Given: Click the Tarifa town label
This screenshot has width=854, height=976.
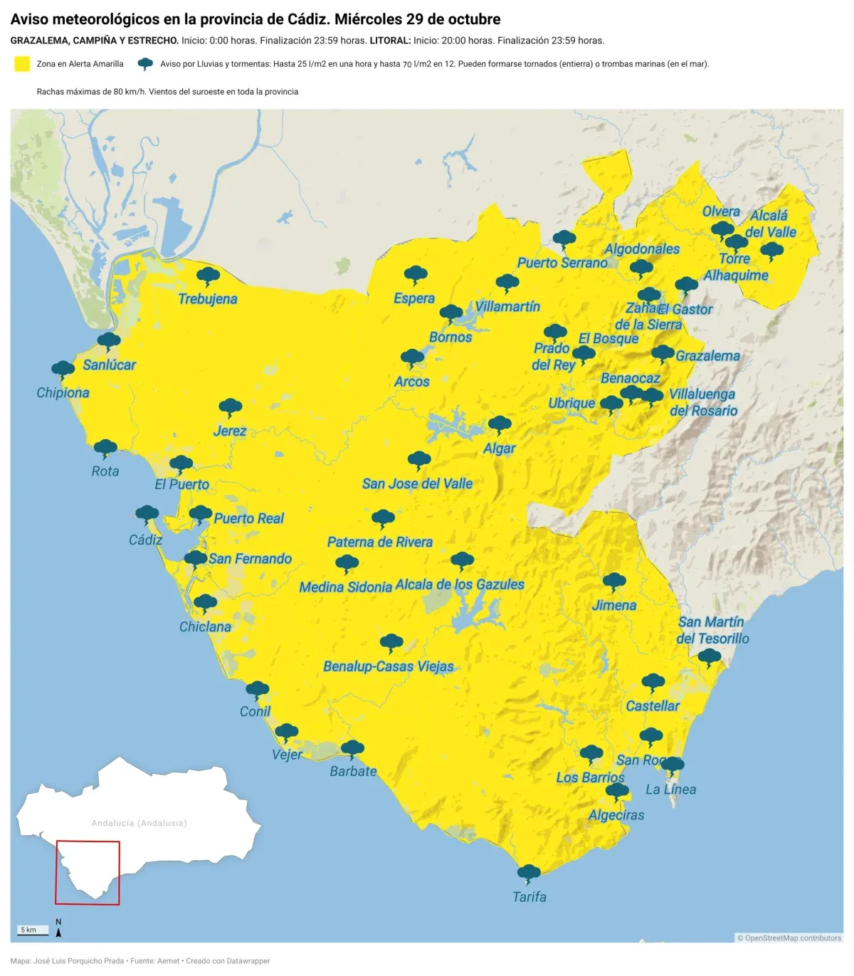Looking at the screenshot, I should [x=529, y=897].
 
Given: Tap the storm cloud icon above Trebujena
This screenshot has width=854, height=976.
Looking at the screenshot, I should [x=208, y=276].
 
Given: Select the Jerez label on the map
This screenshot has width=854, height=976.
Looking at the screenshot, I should [x=230, y=431].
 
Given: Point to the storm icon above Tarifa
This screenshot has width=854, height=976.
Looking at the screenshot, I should [x=529, y=873].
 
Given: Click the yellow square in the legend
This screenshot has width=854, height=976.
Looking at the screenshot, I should [x=22, y=64].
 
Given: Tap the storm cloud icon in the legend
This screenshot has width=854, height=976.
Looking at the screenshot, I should [x=145, y=64].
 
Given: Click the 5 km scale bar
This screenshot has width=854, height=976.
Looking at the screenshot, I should [x=33, y=930].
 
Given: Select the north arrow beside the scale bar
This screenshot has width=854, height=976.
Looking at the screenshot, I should [x=58, y=928].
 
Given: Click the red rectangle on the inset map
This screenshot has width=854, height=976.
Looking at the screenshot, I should [x=88, y=873].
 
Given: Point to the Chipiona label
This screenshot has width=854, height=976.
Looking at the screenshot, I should [x=63, y=393].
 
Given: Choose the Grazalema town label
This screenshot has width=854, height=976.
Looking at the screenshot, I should [x=707, y=356].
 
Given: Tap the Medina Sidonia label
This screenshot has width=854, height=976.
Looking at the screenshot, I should [x=345, y=587].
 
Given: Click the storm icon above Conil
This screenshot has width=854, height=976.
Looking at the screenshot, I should [x=257, y=689].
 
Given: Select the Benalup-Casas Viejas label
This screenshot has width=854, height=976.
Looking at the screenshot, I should [x=389, y=667].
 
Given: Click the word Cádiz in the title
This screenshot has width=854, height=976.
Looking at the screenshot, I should [x=310, y=19].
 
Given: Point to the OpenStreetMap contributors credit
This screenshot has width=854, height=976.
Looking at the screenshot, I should [x=789, y=938].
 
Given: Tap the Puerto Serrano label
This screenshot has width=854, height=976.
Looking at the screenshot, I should [x=562, y=263].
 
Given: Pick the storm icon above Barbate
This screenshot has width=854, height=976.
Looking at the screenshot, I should [x=352, y=748].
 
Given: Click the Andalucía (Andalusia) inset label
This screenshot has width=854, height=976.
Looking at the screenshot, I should [x=139, y=823].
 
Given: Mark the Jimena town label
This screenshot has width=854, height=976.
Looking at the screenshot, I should [x=614, y=606].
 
